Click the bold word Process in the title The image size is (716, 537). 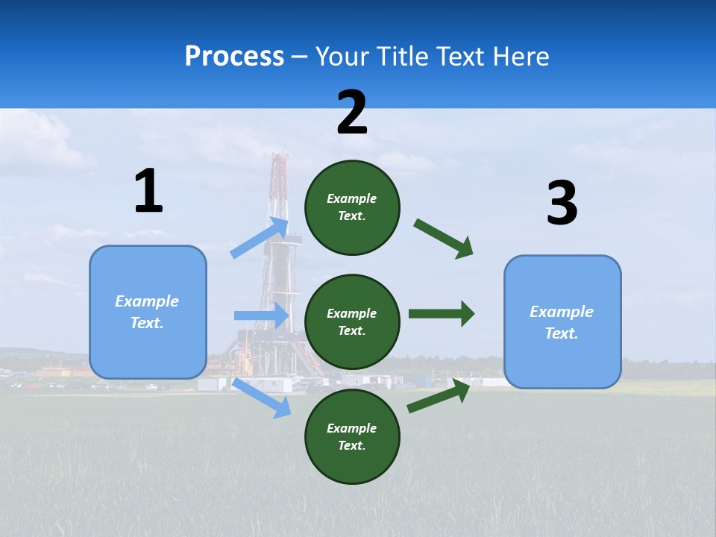(x=234, y=56)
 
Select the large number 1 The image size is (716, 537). (x=148, y=192)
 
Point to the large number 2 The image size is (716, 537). (x=352, y=113)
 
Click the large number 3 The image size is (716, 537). (x=562, y=204)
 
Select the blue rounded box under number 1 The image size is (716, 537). (x=148, y=312)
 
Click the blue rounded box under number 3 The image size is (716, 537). (x=562, y=321)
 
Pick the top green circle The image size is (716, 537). (x=352, y=207)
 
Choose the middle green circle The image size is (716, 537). (x=352, y=321)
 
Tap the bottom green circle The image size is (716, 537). (x=352, y=436)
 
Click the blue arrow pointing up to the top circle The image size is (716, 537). (x=260, y=238)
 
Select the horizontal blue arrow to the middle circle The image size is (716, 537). (x=262, y=315)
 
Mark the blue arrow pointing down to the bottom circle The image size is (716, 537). (x=262, y=398)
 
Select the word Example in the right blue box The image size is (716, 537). (x=562, y=312)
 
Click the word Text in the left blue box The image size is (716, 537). (x=146, y=323)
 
